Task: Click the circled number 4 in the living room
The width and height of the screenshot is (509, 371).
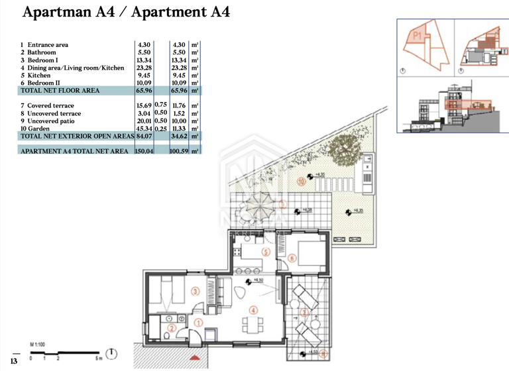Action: [253, 310]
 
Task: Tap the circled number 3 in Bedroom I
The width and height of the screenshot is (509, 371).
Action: [195, 291]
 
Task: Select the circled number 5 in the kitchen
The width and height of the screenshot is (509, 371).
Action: [264, 252]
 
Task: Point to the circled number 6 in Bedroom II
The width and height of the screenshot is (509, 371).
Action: [292, 258]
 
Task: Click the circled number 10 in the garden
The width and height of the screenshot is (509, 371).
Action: [301, 180]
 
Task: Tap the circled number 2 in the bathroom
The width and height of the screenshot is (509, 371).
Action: [170, 327]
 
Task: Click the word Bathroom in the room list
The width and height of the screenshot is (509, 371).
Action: [41, 52]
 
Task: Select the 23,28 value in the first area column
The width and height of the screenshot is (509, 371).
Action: [144, 68]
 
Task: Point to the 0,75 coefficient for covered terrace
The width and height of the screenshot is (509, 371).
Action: [160, 105]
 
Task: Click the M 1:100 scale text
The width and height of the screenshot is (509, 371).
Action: [37, 344]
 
